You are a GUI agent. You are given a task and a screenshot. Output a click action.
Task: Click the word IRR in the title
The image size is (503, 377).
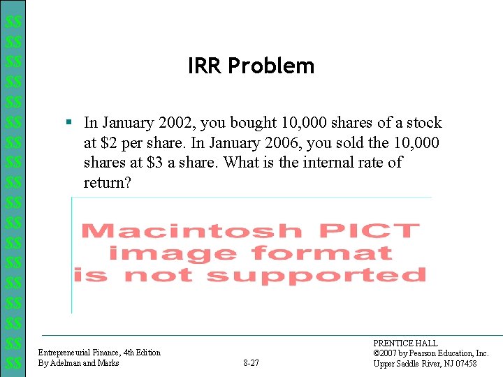[205, 66]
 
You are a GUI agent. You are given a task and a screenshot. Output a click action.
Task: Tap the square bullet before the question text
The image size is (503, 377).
[69, 123]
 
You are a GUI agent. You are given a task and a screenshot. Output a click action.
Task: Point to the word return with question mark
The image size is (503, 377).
[107, 183]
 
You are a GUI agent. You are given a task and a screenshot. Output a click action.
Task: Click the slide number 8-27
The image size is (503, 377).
[251, 363]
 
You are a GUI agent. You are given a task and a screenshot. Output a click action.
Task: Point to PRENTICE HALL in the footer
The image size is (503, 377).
[405, 343]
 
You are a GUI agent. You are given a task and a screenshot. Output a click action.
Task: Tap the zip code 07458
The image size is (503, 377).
[463, 363]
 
